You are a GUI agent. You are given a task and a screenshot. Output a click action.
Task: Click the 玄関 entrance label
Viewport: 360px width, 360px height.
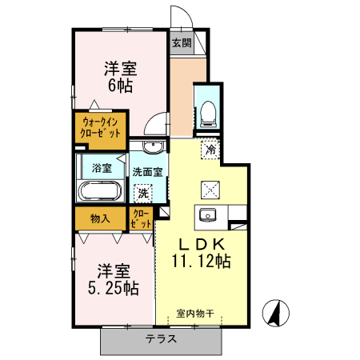click(182, 43)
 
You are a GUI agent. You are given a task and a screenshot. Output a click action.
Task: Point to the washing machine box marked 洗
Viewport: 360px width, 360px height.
click(143, 193)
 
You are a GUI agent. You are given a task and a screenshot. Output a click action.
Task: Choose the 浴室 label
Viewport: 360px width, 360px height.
click(101, 169)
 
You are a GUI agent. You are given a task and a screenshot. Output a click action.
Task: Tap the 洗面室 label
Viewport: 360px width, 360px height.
click(148, 171)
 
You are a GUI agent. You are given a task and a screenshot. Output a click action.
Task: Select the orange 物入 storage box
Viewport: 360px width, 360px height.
click(100, 218)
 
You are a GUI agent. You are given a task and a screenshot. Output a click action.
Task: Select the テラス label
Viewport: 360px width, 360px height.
click(161, 338)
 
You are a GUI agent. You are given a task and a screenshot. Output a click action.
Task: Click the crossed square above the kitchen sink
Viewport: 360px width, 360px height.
click(210, 189)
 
